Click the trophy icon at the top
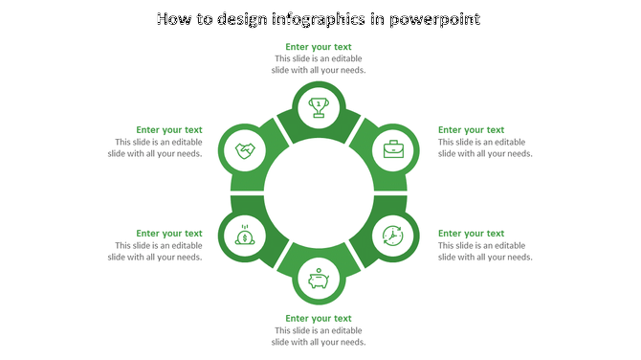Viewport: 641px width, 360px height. coord(319,105)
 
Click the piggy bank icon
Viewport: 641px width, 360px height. coord(319,279)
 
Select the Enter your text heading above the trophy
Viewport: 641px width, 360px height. coord(319,46)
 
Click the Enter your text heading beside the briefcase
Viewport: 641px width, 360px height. coord(471,129)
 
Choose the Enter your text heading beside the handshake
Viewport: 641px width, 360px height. coord(169,129)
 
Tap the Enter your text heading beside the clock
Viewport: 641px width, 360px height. coord(471,233)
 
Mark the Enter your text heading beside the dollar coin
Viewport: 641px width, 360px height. coord(169,233)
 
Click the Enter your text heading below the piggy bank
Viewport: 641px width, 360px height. coord(319,318)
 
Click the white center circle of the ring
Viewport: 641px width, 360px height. coord(319,191)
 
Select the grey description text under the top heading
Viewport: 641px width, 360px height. coord(319,64)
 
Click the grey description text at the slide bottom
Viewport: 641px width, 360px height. coord(319,336)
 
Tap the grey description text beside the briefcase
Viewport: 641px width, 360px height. coord(484,147)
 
